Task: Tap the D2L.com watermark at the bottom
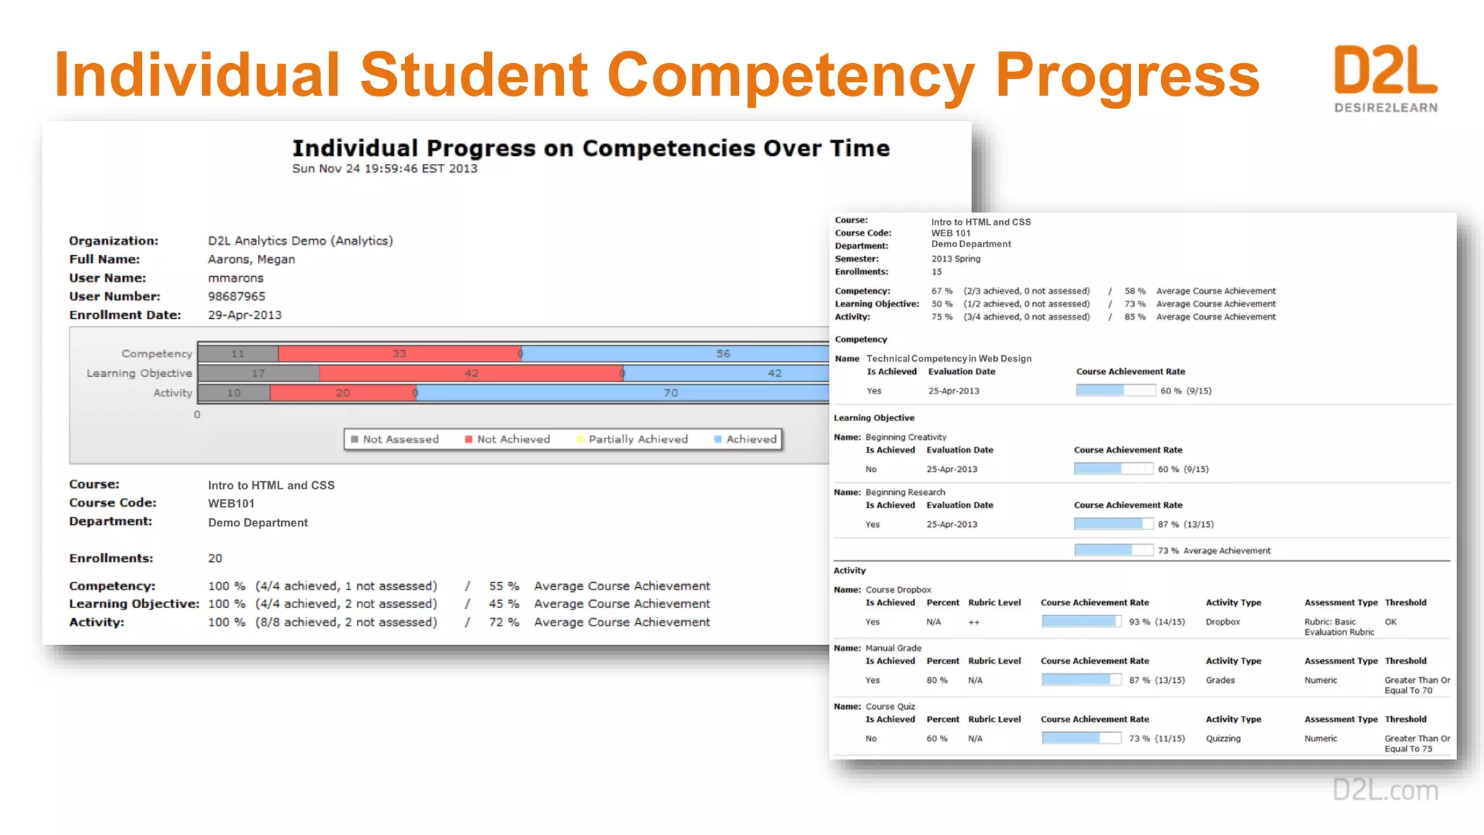[x=1385, y=789]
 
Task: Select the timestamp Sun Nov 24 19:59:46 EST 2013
[x=385, y=169]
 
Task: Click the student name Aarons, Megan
[x=251, y=259]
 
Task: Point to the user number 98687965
[x=236, y=296]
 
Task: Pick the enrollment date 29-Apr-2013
[x=244, y=315]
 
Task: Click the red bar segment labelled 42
[x=471, y=373]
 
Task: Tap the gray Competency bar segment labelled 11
[x=238, y=354]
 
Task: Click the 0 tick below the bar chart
[x=197, y=415]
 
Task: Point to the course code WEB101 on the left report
[x=231, y=504]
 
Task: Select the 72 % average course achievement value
[x=504, y=623]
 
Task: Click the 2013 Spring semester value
[x=956, y=259]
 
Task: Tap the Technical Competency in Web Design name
[x=949, y=359]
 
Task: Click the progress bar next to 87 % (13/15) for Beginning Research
[x=1113, y=524]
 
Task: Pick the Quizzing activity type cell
[x=1223, y=739]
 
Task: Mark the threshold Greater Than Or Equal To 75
[x=1417, y=744]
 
